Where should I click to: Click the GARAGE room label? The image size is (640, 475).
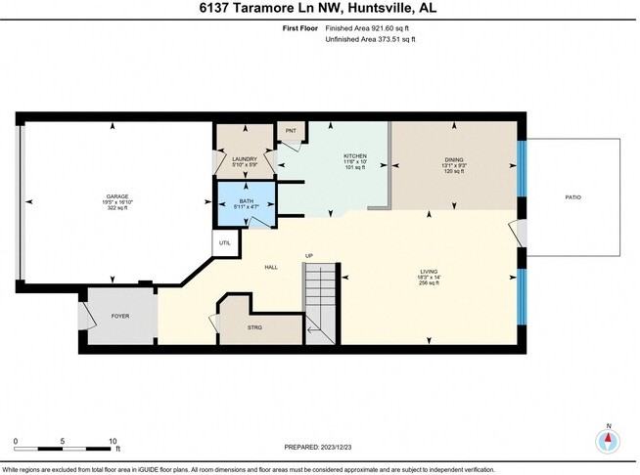click(117, 196)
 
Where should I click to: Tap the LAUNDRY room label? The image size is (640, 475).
click(244, 158)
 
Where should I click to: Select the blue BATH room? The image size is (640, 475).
click(246, 202)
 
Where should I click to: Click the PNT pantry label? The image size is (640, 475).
click(291, 131)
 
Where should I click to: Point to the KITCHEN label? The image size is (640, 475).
click(354, 156)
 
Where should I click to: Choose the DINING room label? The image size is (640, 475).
click(454, 158)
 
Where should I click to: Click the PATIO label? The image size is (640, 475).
click(572, 197)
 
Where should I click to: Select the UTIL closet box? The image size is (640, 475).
click(224, 242)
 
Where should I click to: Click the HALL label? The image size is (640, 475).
click(271, 267)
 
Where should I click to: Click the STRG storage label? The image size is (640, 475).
click(254, 327)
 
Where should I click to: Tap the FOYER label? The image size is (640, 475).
click(120, 316)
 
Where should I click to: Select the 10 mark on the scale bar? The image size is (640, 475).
click(114, 441)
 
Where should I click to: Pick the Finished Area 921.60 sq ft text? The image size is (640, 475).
click(374, 29)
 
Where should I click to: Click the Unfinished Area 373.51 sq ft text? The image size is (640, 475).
click(370, 40)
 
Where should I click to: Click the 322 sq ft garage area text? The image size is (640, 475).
click(117, 209)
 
